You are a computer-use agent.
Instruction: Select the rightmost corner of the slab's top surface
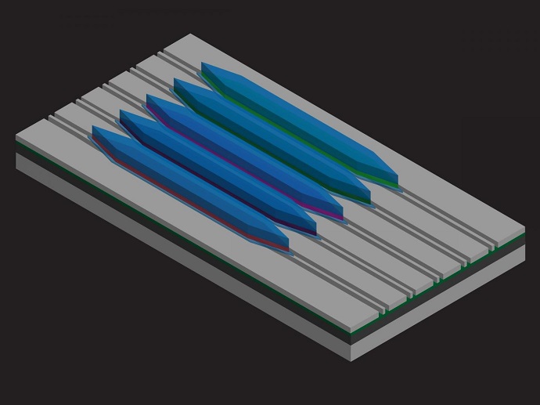[524, 230]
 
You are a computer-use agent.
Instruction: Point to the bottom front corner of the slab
[351, 360]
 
